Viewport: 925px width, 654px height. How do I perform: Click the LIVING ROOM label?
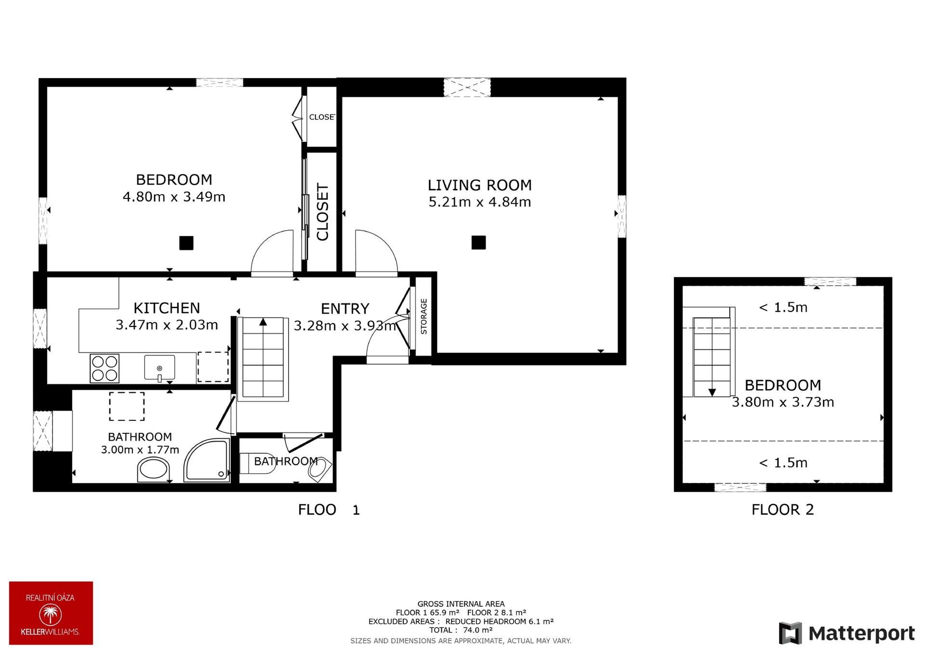[x=480, y=185]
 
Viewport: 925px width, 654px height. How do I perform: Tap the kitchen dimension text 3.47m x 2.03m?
[x=167, y=325]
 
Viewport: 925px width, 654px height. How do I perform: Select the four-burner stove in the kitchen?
[x=105, y=368]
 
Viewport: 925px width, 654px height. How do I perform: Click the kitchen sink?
[x=159, y=368]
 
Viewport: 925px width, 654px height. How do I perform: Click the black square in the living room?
[x=478, y=242]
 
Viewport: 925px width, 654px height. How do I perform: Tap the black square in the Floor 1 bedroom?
[x=186, y=243]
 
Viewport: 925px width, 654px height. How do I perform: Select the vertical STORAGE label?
[x=424, y=316]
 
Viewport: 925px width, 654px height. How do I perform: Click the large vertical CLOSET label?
[x=322, y=212]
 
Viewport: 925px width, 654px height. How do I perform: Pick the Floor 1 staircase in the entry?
[x=263, y=358]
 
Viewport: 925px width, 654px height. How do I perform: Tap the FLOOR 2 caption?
[x=783, y=510]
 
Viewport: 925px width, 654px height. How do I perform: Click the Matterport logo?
[x=847, y=633]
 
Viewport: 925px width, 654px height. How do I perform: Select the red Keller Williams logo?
[x=51, y=613]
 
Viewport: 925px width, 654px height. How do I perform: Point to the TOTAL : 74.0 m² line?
[x=461, y=630]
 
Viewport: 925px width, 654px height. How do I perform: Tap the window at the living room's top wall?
[x=467, y=88]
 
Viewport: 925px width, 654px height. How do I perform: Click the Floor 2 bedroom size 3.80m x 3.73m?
[x=783, y=402]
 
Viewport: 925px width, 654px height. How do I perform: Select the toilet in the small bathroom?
[x=257, y=463]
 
